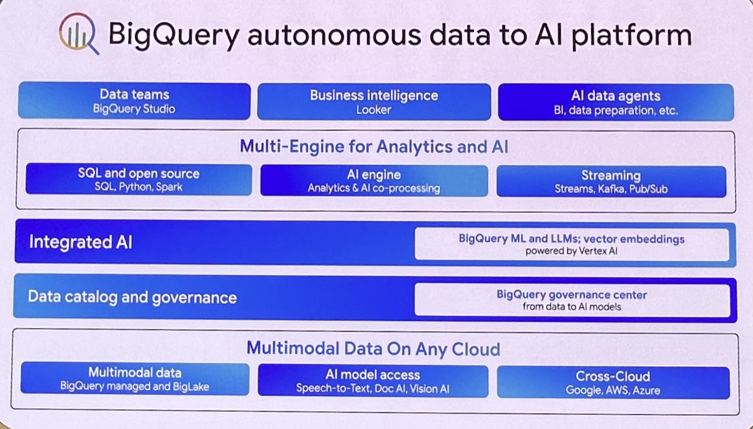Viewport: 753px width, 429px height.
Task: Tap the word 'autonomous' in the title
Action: point(334,35)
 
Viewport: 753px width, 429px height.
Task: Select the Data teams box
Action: point(134,101)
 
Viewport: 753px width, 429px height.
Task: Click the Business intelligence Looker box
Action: point(374,102)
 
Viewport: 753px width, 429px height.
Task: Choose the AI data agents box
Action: point(616,102)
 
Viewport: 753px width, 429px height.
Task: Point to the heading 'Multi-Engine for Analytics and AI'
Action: point(374,146)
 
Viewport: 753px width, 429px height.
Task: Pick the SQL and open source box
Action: point(138,179)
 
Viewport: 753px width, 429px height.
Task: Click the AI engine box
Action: point(374,181)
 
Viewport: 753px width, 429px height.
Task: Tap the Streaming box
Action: point(611,182)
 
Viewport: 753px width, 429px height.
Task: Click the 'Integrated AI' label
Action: point(81,242)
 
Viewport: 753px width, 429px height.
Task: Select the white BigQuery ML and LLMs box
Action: point(571,244)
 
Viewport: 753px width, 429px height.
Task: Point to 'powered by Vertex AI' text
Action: point(571,251)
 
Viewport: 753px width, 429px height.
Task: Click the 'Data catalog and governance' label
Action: point(132,297)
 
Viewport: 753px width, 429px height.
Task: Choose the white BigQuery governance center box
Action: point(571,300)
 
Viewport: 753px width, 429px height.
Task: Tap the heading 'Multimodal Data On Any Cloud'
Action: point(373,349)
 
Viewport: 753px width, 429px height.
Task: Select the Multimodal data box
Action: point(135,379)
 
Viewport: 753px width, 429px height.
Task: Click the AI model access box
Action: point(373,381)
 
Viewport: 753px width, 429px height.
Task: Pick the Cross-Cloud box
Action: point(613,383)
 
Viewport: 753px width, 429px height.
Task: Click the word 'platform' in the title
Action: point(631,35)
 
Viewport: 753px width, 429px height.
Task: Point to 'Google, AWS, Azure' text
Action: point(613,390)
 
